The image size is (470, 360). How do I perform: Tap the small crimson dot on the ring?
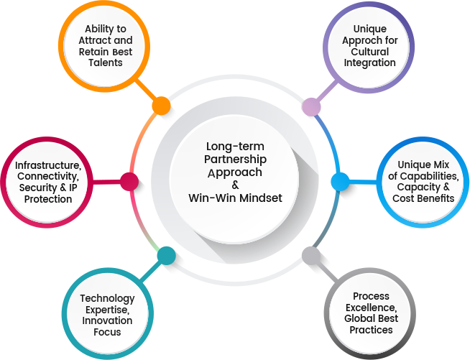(x=129, y=182)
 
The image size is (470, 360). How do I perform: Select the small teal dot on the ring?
(x=166, y=255)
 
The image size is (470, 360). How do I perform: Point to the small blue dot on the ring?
(x=340, y=181)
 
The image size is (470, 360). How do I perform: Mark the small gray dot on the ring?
(x=311, y=255)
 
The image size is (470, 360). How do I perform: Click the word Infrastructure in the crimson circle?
(x=47, y=166)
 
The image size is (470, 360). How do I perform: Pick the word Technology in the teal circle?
(x=107, y=298)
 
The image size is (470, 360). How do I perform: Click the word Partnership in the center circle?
(x=234, y=160)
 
